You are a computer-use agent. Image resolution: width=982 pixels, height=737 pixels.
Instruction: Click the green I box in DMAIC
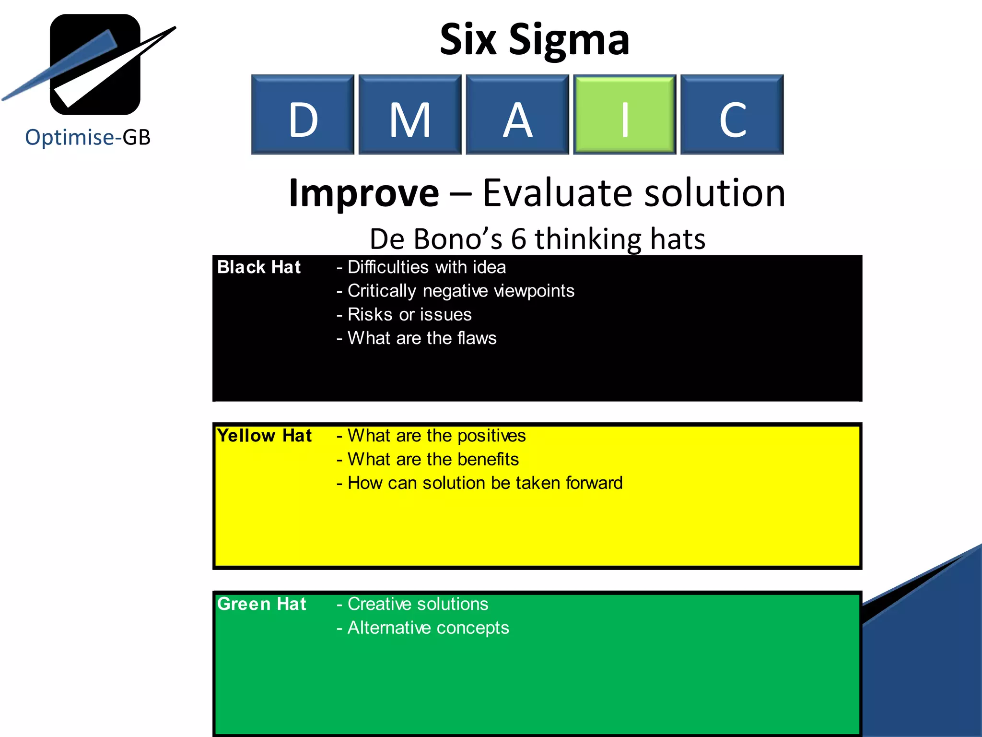(625, 114)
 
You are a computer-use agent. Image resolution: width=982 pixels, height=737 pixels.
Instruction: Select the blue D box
(303, 114)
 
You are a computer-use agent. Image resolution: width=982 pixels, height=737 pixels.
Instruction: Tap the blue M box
(410, 114)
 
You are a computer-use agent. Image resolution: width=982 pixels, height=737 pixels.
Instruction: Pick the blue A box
(517, 114)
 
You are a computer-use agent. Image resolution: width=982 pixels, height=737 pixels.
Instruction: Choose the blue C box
(732, 114)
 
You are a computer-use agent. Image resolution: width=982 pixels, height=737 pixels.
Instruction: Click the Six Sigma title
(534, 39)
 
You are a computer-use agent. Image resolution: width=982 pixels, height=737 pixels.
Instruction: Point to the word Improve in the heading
(364, 193)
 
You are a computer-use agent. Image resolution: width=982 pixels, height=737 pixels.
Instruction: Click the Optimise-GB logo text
(88, 137)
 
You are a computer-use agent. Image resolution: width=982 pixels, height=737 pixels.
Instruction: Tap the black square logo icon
(95, 65)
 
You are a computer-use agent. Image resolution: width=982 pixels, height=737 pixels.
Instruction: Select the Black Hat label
(259, 267)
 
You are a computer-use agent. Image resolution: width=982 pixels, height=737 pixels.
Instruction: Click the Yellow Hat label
(264, 436)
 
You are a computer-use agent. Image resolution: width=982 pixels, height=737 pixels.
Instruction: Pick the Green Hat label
(261, 604)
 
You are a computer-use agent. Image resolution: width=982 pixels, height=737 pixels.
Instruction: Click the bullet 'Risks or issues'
(404, 315)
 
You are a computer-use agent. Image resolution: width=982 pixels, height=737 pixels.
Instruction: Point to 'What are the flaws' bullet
(417, 338)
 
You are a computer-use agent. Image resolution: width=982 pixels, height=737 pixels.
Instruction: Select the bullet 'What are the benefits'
(428, 460)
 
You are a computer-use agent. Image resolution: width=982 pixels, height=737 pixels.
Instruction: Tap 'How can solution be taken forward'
(479, 483)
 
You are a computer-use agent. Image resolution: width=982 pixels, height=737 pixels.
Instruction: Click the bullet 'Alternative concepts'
(423, 628)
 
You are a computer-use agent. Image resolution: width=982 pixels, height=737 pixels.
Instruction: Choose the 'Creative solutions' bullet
(412, 604)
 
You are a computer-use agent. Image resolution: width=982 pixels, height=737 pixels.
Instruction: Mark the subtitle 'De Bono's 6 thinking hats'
(538, 239)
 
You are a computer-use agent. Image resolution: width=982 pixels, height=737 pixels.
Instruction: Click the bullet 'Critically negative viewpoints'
(456, 291)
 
